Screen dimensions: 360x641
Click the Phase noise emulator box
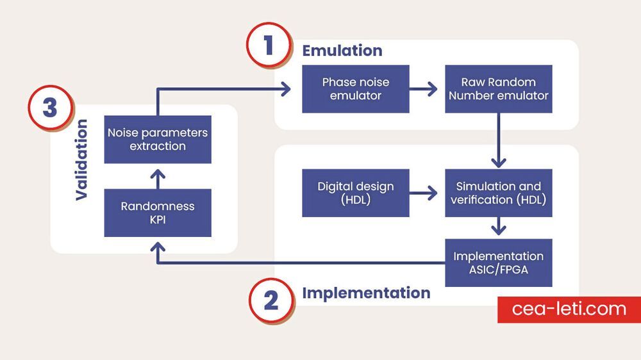tap(356, 89)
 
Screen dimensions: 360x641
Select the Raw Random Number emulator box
tap(499, 89)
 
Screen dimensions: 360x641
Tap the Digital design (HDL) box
tap(356, 193)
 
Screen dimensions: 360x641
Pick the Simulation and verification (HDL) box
tap(499, 193)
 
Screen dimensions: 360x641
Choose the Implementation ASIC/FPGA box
tap(499, 263)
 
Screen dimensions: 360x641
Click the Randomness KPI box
tap(158, 213)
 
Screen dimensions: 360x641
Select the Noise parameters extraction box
tap(158, 139)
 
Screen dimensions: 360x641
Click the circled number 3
tap(50, 108)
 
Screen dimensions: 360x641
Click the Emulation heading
tap(342, 51)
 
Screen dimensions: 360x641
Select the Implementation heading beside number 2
tap(366, 293)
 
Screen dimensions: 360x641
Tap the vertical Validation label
tap(81, 160)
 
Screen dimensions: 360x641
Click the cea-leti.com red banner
tap(569, 309)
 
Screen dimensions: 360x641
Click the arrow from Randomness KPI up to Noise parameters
tap(158, 179)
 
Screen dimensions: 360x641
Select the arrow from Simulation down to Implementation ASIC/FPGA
tap(499, 227)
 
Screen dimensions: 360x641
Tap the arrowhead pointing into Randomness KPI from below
tap(158, 246)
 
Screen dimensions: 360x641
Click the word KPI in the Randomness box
tap(158, 219)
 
